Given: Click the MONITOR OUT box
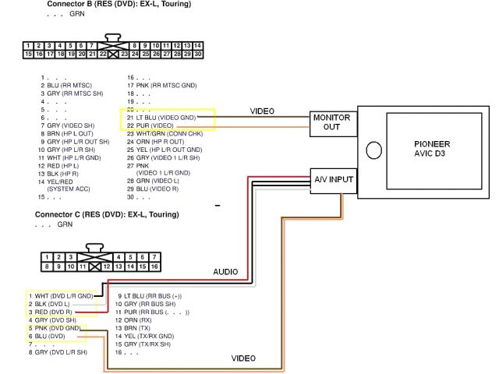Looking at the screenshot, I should tap(332, 122).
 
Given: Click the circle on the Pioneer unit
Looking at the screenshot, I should tap(373, 150).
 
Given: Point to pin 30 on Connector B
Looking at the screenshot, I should tap(198, 55).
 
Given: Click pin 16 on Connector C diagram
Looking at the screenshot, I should tap(155, 266).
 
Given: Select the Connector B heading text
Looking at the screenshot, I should tap(119, 5).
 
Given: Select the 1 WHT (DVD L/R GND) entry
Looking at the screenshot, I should tap(61, 296).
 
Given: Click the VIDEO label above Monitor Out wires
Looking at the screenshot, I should tap(261, 111).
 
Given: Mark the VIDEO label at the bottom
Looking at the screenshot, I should tap(244, 358).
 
